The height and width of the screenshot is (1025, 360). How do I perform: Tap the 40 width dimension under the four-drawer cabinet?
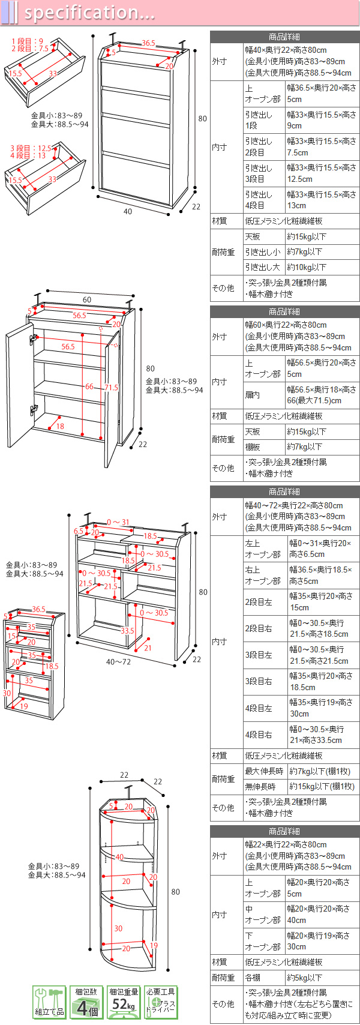128,211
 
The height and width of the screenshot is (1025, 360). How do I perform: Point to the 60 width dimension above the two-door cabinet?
87,299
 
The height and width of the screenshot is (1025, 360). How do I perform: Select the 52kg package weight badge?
124,1003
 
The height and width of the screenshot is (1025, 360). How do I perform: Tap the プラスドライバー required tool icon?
161,1003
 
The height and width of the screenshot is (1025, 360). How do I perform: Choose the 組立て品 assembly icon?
49,1003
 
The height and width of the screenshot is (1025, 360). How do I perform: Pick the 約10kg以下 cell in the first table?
307,267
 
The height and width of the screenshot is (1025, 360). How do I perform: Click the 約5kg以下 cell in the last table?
307,978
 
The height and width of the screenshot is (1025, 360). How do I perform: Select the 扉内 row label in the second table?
253,395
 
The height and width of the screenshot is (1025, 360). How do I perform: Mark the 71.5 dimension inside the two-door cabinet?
111,388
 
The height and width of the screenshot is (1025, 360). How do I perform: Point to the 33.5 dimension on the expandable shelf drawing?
127,631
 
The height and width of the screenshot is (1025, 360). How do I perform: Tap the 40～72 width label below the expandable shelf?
118,662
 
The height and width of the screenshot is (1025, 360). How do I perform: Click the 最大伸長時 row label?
263,771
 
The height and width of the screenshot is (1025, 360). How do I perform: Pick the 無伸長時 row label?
260,786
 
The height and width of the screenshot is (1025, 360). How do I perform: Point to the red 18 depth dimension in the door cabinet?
60,426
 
